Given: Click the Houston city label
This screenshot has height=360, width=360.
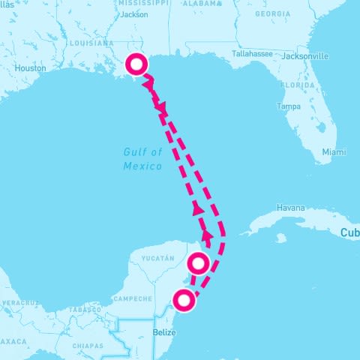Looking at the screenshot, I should pyautogui.click(x=31, y=67).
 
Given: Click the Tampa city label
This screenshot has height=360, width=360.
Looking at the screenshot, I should pyautogui.click(x=289, y=106).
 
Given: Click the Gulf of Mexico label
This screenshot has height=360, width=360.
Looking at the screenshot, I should pyautogui.click(x=142, y=158).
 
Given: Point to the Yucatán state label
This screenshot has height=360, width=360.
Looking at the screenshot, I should pyautogui.click(x=157, y=259).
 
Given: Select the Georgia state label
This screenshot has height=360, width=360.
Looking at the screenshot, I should pyautogui.click(x=272, y=14).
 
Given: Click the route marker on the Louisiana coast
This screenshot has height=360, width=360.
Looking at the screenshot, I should pyautogui.click(x=136, y=64).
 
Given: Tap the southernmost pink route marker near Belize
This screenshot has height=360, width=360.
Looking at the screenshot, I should pyautogui.click(x=184, y=301).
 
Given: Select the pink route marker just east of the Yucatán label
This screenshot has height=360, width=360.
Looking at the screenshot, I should pyautogui.click(x=199, y=262).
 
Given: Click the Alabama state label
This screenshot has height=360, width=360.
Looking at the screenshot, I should pyautogui.click(x=202, y=3).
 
